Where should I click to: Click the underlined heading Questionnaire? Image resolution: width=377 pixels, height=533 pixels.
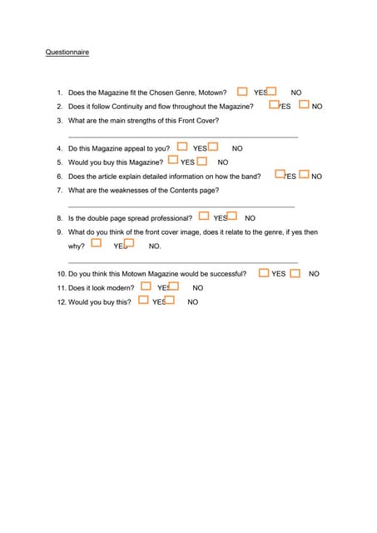point(67,52)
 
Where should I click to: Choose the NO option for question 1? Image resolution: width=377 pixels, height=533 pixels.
point(296,92)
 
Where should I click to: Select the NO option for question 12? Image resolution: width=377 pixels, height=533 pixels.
point(193,301)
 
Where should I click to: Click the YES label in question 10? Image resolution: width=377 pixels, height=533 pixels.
point(278,274)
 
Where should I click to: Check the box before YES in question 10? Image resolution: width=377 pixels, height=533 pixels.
point(264,272)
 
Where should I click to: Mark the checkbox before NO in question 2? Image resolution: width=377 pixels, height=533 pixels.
point(304,105)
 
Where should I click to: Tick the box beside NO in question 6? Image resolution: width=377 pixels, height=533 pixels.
point(304,175)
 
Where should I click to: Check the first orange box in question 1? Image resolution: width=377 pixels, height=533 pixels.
point(242,91)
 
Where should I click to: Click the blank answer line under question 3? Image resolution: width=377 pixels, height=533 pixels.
point(182,137)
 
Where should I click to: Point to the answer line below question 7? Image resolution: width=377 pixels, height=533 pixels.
point(181,207)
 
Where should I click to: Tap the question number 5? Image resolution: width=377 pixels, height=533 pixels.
point(59,162)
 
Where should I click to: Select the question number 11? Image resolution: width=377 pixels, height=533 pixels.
point(61,287)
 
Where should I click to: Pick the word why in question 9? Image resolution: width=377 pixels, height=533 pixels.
point(76,247)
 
